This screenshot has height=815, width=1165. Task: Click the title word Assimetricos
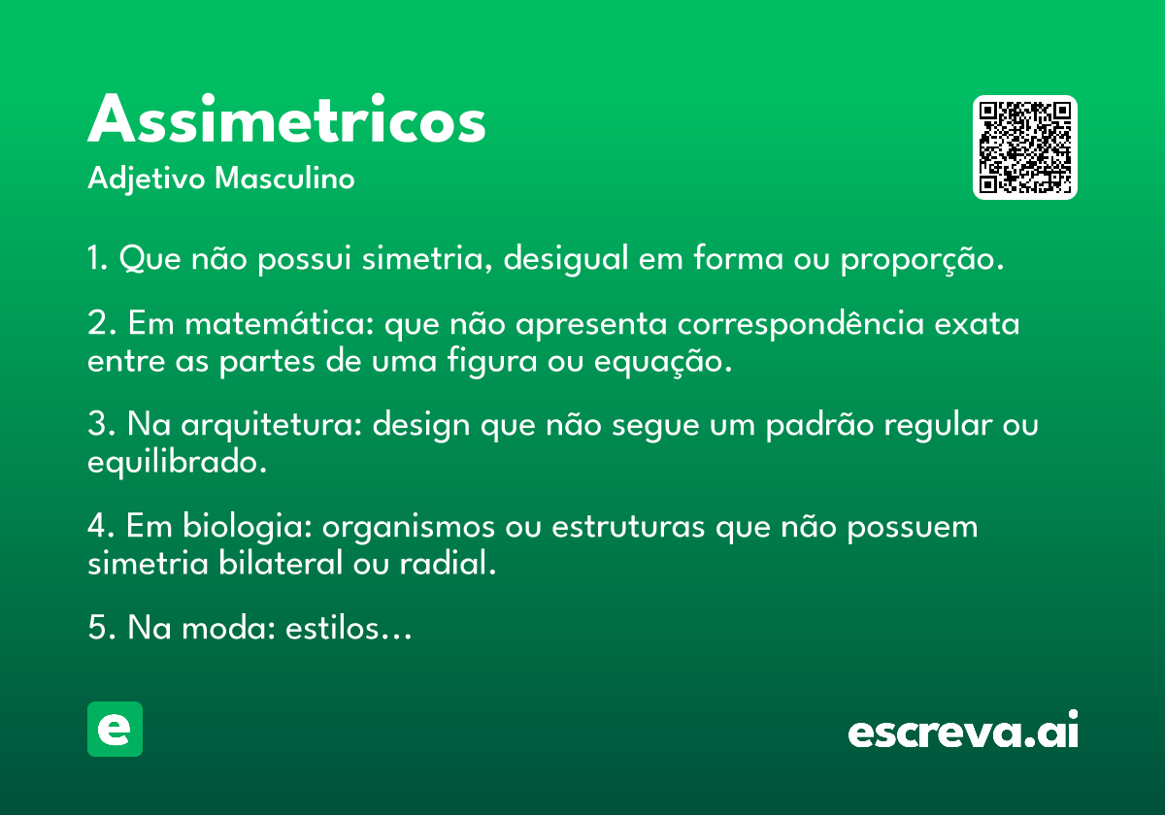pyautogui.click(x=286, y=118)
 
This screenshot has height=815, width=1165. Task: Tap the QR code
pyautogui.click(x=1024, y=147)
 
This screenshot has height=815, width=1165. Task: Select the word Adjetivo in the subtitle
pyautogui.click(x=147, y=179)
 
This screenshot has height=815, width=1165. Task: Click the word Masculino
pyautogui.click(x=284, y=178)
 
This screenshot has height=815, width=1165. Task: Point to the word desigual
pyautogui.click(x=566, y=258)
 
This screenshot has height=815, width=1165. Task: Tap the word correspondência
pyautogui.click(x=801, y=324)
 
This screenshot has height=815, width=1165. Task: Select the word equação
pyautogui.click(x=662, y=362)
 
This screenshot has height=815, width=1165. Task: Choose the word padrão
pyautogui.click(x=819, y=426)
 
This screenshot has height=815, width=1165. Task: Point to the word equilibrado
pyautogui.click(x=177, y=462)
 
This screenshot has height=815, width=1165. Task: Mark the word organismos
pyautogui.click(x=409, y=528)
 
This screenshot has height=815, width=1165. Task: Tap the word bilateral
pyautogui.click(x=281, y=563)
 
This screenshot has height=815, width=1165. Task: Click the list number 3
pyautogui.click(x=97, y=424)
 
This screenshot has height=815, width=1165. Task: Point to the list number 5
pyautogui.click(x=97, y=628)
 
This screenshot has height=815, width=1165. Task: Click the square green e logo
pyautogui.click(x=115, y=729)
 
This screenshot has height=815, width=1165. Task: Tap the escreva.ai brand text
pyautogui.click(x=963, y=730)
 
